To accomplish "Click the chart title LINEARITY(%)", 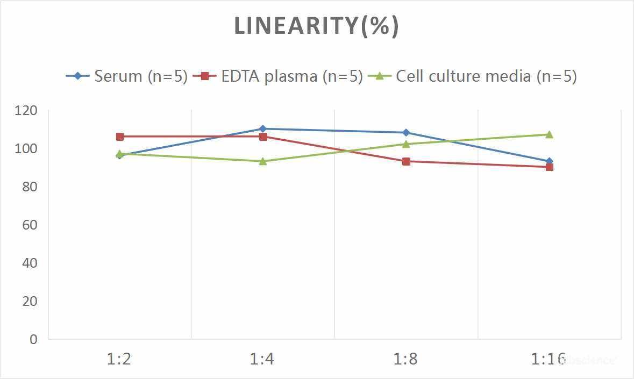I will (x=316, y=26).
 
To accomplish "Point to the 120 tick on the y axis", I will (x=27, y=110).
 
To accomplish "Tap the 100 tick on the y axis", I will (x=27, y=148).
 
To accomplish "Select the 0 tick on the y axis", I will (x=33, y=339).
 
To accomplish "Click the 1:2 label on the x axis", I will (x=119, y=359).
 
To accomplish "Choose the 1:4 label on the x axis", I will (x=262, y=359).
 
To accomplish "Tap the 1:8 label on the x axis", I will (x=406, y=359).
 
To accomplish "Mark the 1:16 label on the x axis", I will (x=548, y=359).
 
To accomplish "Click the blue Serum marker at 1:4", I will (x=263, y=129).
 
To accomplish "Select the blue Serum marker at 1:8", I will (x=406, y=133).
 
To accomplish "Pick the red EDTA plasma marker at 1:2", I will (x=120, y=137).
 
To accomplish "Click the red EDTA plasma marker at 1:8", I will (x=406, y=161).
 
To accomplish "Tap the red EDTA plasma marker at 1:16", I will (x=549, y=167).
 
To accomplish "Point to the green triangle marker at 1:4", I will (x=263, y=161).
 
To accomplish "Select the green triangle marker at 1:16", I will (x=549, y=134).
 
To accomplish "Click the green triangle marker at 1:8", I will (x=406, y=144).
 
